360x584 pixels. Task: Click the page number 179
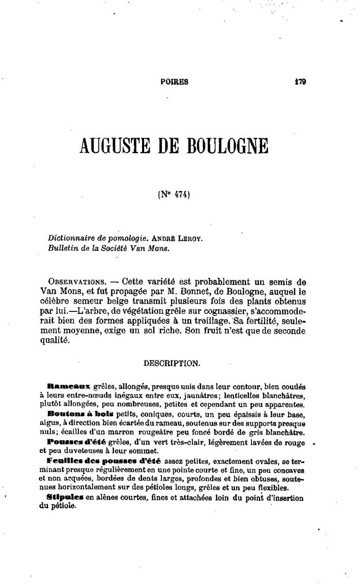point(299,81)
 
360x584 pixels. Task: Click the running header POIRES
point(174,82)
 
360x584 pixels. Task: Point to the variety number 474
point(181,194)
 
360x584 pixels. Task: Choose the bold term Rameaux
point(68,387)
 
